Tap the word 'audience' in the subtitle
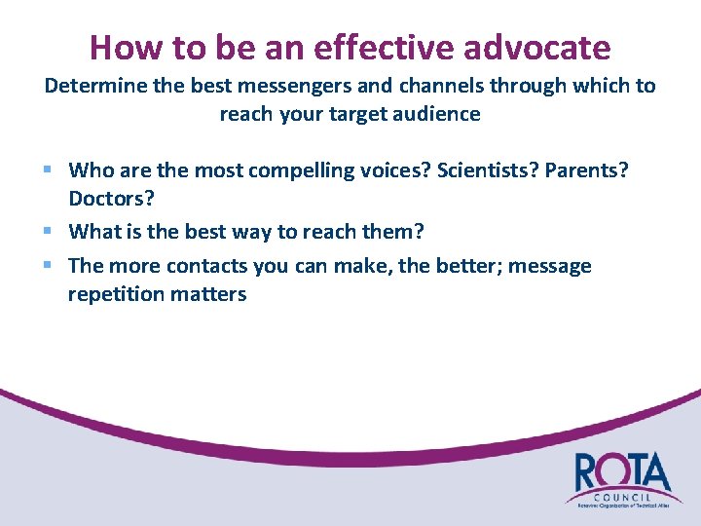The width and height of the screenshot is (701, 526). coord(440,114)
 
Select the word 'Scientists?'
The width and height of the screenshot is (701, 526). coord(488,170)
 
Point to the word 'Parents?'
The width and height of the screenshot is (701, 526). coord(587,170)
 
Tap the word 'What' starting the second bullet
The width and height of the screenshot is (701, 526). coord(93,232)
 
